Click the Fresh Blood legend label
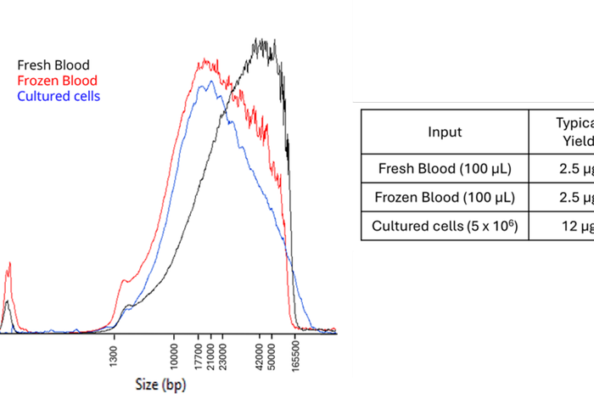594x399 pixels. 53,65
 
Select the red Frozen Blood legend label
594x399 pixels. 57,81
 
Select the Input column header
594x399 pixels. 445,132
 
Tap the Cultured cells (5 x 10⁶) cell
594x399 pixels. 445,227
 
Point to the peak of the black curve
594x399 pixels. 263,41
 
